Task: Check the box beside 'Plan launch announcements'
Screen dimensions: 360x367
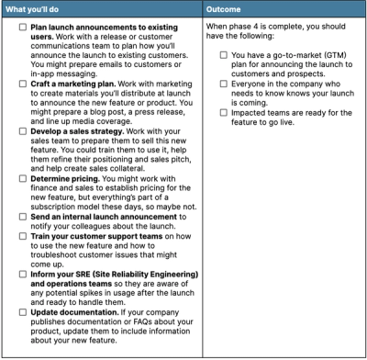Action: (22, 29)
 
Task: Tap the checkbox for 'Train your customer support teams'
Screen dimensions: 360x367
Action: (22, 263)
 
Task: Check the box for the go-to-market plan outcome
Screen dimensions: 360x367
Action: (224, 55)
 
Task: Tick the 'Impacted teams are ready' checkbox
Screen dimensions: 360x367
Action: (224, 113)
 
